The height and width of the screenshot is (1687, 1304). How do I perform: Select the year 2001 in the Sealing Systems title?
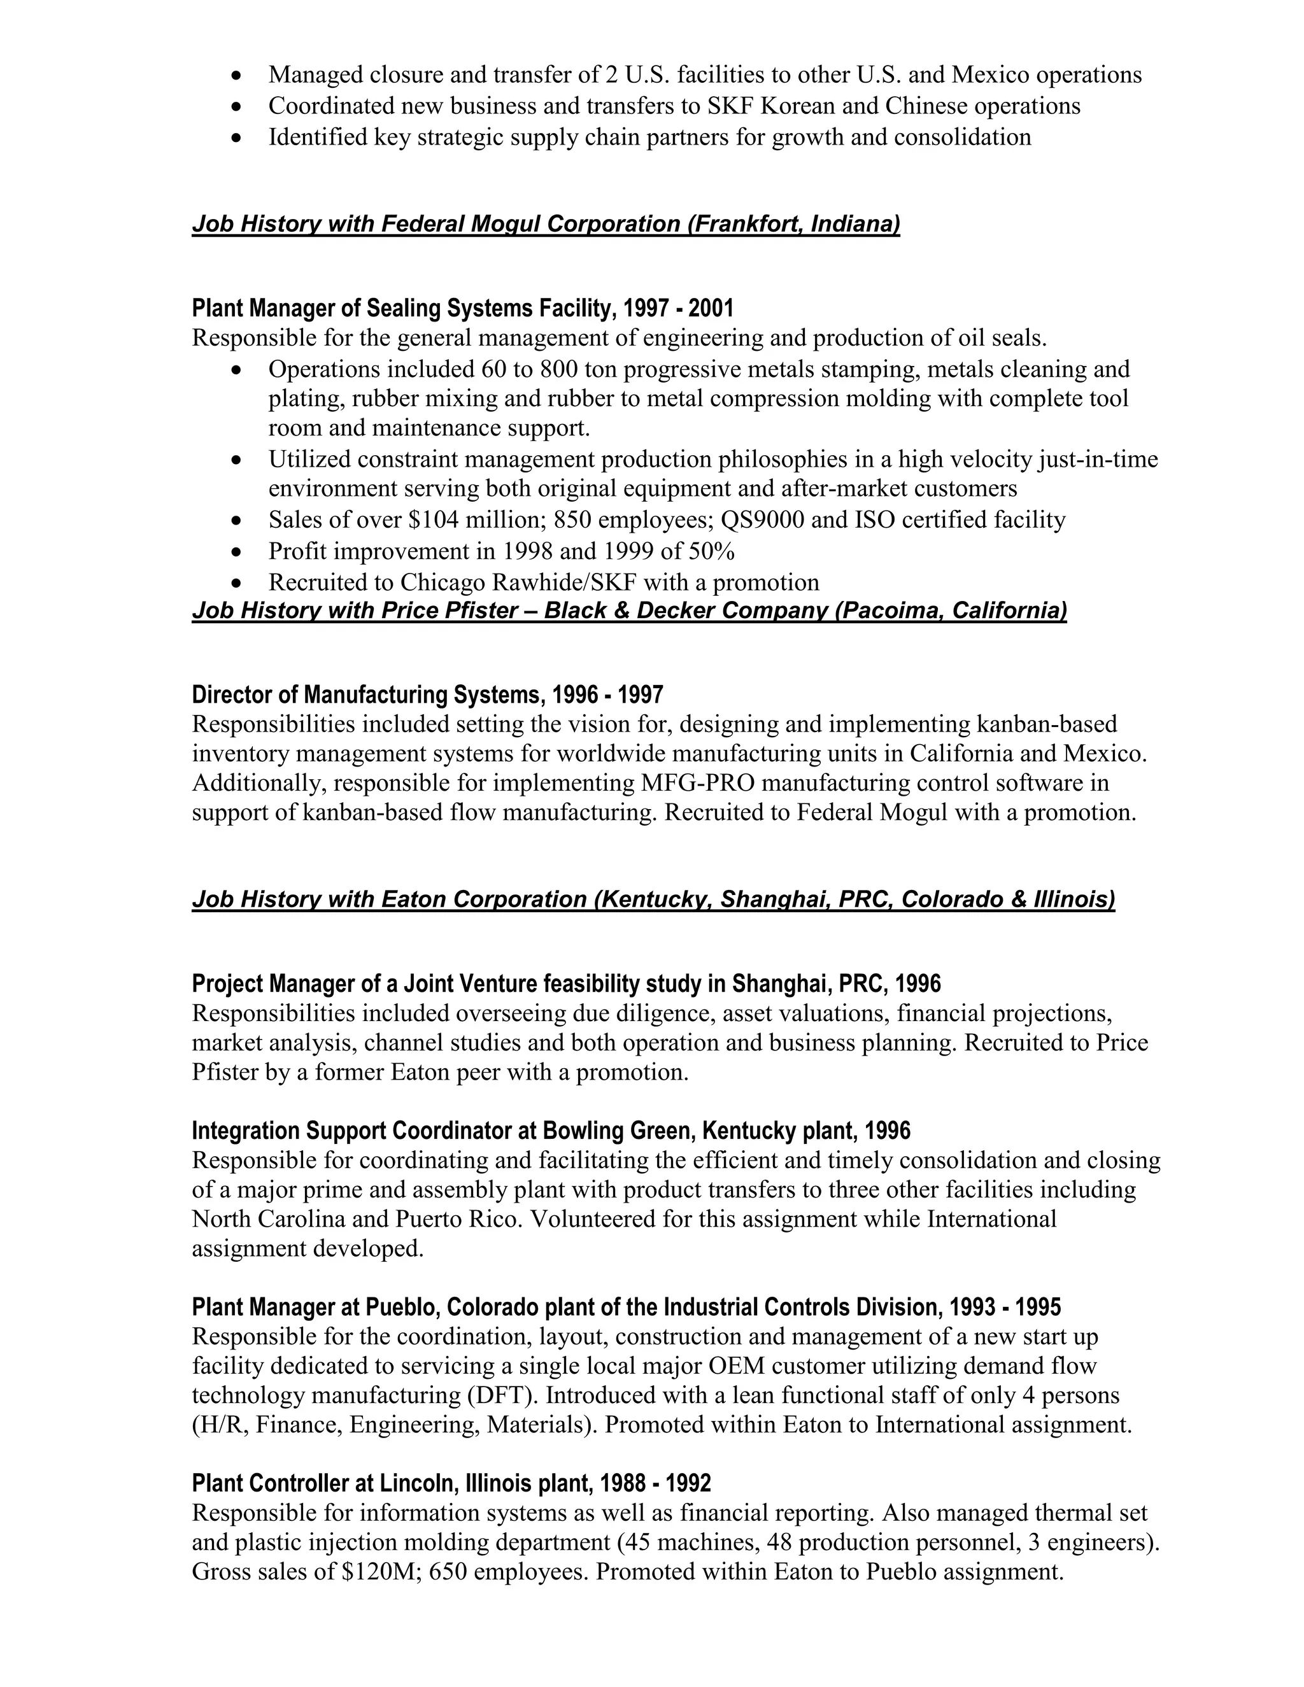click(711, 308)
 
